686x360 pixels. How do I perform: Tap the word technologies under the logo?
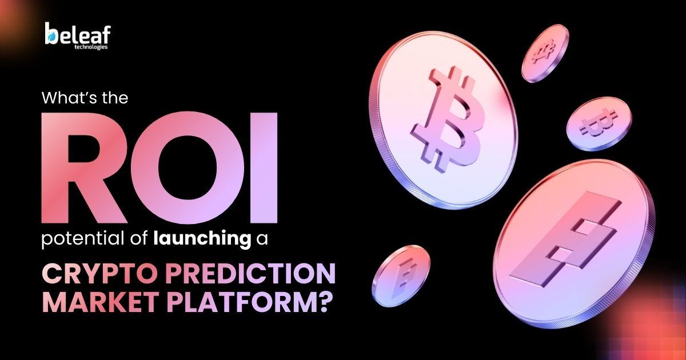(91, 47)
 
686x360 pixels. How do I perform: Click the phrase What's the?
(85, 98)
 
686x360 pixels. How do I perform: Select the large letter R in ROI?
(84, 168)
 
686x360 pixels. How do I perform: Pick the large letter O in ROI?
(188, 168)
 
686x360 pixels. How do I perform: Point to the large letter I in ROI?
(264, 168)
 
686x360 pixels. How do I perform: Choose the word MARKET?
(101, 302)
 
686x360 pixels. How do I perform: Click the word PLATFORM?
(236, 302)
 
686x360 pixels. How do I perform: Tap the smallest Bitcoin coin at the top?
(545, 53)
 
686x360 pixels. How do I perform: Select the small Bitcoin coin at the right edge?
(599, 123)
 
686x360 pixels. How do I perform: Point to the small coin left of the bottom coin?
(401, 276)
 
